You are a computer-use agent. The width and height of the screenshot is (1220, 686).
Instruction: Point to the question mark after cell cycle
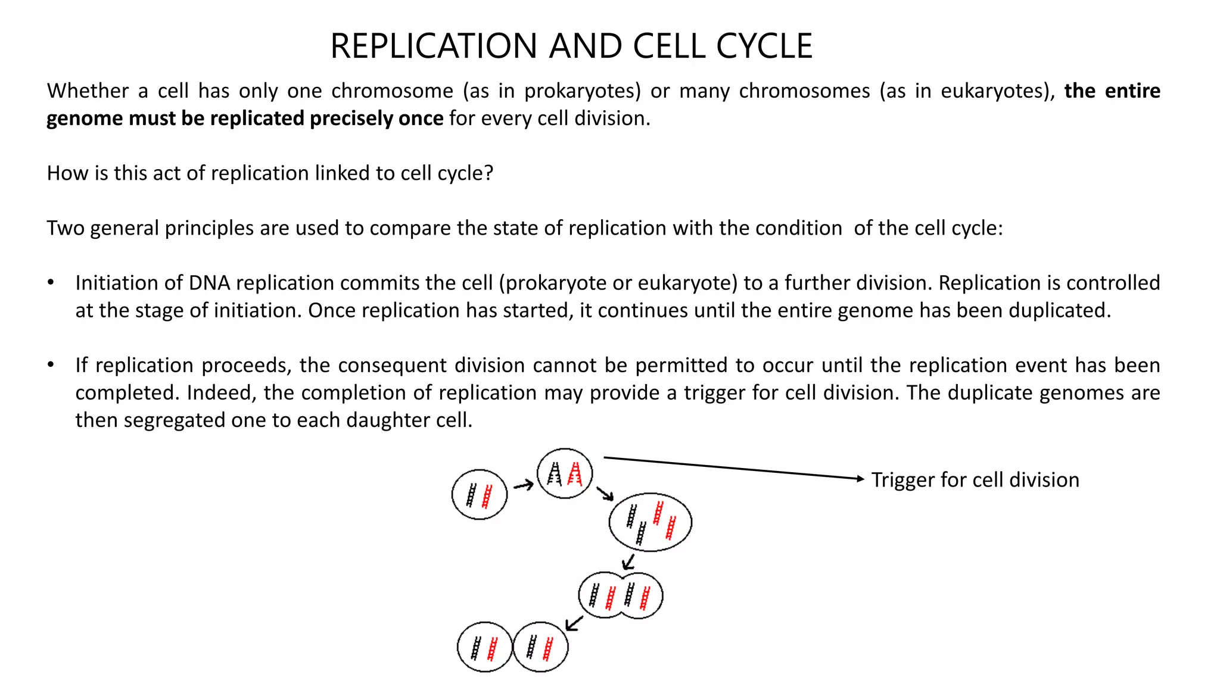489,173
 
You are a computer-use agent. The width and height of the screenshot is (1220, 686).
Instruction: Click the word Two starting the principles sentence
66,228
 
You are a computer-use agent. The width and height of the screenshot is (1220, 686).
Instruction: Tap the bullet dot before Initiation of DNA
51,282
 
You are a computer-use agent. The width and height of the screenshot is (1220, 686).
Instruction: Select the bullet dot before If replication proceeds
51,364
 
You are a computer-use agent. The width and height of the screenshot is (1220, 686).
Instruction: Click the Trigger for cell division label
975,480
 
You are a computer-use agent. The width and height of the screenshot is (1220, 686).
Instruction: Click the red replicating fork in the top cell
575,474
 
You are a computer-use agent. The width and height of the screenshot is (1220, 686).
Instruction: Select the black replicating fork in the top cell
555,475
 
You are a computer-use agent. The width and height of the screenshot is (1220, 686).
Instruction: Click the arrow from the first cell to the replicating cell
523,486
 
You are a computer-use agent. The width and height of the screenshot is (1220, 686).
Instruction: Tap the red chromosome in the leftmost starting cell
487,497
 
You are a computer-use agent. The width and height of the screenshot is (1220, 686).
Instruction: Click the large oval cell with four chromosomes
651,522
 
